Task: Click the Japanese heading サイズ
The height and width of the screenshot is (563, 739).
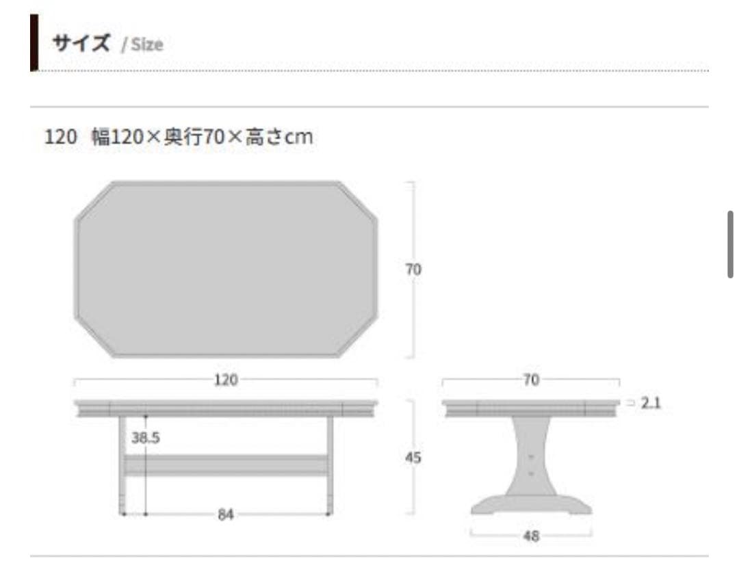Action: [80, 44]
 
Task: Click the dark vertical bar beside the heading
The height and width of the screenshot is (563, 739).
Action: [34, 42]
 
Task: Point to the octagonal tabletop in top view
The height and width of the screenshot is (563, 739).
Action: [226, 269]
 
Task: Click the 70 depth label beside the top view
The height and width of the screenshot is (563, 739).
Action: [413, 270]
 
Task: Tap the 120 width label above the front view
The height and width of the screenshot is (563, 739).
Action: [226, 380]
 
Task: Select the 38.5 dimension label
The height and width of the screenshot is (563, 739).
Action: [145, 438]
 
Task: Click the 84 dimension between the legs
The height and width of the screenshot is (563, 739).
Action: [226, 514]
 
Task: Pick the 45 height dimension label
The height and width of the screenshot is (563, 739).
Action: [413, 458]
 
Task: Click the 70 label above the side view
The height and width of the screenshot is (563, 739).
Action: [531, 380]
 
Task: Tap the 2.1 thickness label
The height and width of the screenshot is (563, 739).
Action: [651, 404]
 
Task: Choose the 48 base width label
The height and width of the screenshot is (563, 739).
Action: [531, 536]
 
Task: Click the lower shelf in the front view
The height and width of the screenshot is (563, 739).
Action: [226, 465]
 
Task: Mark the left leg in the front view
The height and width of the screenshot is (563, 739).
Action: [122, 465]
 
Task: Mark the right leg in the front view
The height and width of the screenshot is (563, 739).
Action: [330, 465]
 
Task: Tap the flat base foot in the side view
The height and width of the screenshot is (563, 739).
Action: [531, 505]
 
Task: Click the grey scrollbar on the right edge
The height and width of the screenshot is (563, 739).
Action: [730, 244]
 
